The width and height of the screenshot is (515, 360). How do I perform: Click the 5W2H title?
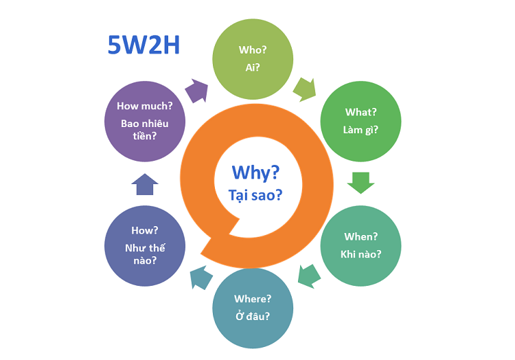pyautogui.click(x=144, y=45)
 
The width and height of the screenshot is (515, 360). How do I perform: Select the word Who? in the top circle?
pyautogui.click(x=253, y=50)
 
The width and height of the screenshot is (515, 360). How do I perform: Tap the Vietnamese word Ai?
pyautogui.click(x=253, y=67)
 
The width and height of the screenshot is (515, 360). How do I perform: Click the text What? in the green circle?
pyautogui.click(x=360, y=113)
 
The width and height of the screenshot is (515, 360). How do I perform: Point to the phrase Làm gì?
pyautogui.click(x=360, y=130)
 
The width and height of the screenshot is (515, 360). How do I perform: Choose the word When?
pyautogui.click(x=360, y=237)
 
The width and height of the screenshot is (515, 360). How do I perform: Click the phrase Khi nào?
pyautogui.click(x=360, y=254)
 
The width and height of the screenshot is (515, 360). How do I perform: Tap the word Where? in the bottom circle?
pyautogui.click(x=253, y=299)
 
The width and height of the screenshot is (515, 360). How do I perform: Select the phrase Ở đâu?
pyautogui.click(x=253, y=316)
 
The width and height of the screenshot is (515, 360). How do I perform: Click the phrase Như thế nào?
pyautogui.click(x=145, y=254)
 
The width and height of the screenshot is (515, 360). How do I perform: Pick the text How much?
pyautogui.click(x=144, y=106)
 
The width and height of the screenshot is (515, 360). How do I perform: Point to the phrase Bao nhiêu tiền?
pyautogui.click(x=144, y=130)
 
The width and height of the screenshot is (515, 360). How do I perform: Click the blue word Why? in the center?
pyautogui.click(x=255, y=172)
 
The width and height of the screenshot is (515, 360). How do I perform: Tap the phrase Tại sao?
pyautogui.click(x=255, y=195)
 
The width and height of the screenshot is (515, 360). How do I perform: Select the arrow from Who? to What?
pyautogui.click(x=304, y=90)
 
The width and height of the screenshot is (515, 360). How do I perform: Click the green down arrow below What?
pyautogui.click(x=360, y=183)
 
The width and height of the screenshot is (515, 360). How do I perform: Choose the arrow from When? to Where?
pyautogui.click(x=309, y=276)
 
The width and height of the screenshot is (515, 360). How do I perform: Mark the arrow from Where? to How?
pyautogui.click(x=201, y=278)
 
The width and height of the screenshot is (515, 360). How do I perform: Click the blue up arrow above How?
pyautogui.click(x=145, y=184)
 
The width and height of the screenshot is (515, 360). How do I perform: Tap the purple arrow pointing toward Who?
pyautogui.click(x=196, y=91)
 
